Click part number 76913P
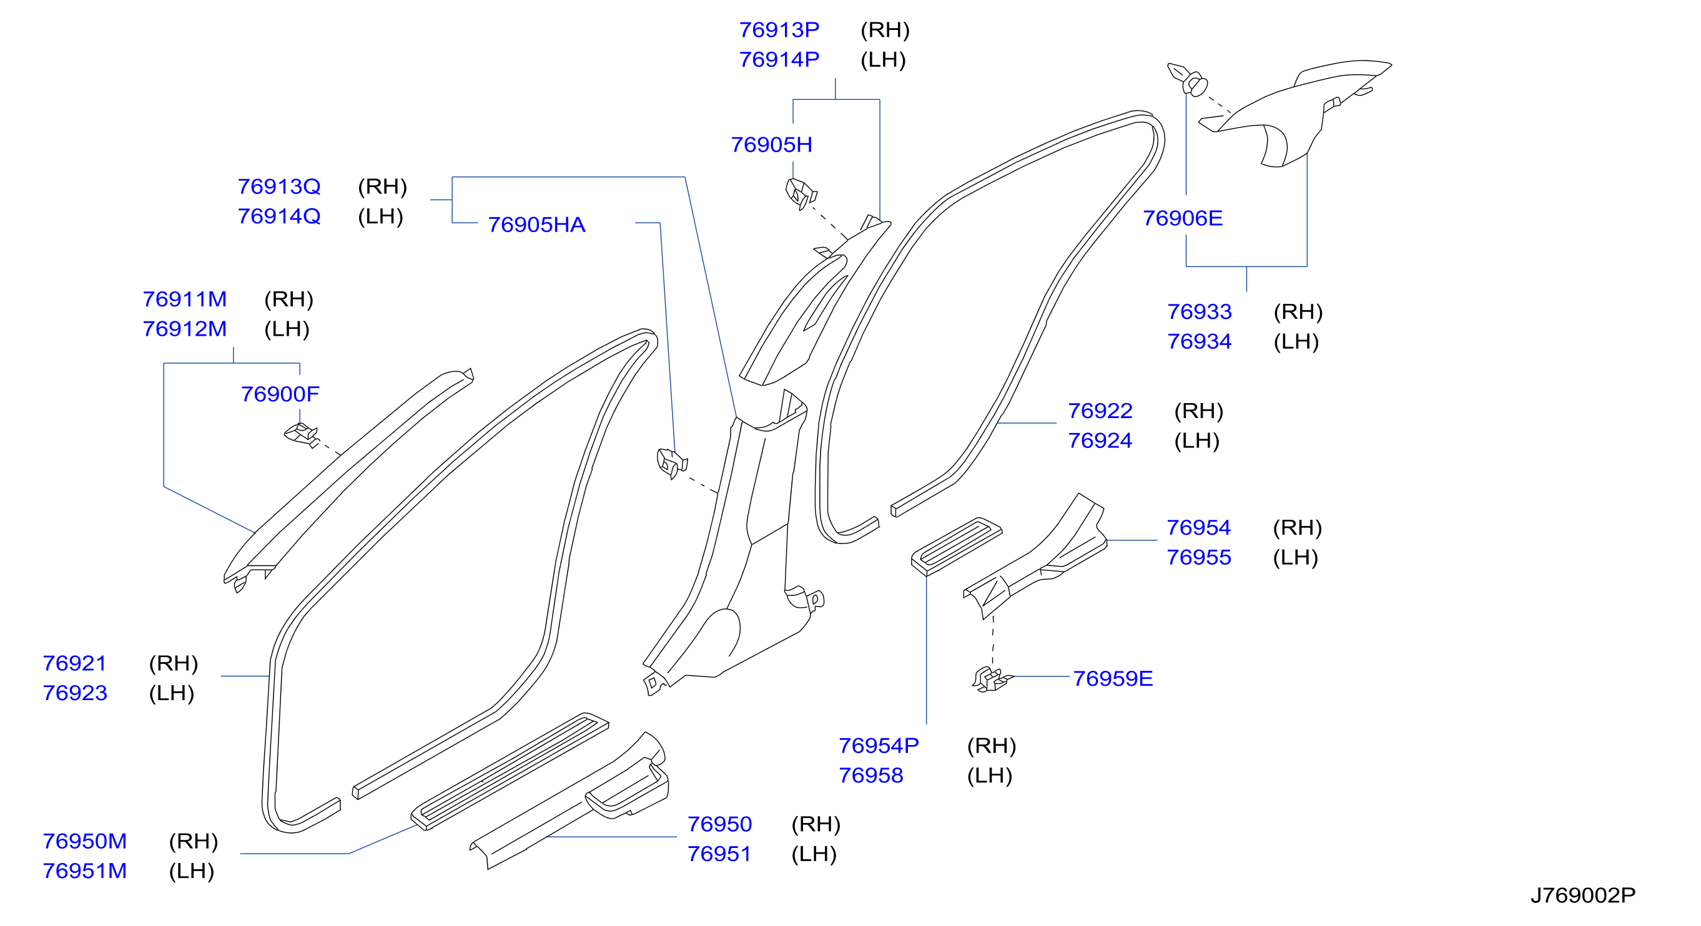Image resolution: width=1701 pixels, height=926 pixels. click(779, 30)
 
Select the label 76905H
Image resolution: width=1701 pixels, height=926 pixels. click(771, 145)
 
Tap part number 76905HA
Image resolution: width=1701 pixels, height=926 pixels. click(536, 225)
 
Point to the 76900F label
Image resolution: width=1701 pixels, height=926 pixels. click(280, 394)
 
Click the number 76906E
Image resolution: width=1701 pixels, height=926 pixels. click(1183, 218)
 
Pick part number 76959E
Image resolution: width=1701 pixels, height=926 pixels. click(1113, 678)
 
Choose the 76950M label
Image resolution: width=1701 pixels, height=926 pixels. click(84, 841)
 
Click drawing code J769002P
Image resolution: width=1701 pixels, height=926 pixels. click(1583, 895)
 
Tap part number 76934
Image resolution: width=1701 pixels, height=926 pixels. click(1199, 341)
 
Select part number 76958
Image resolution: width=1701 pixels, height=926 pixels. click(870, 775)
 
